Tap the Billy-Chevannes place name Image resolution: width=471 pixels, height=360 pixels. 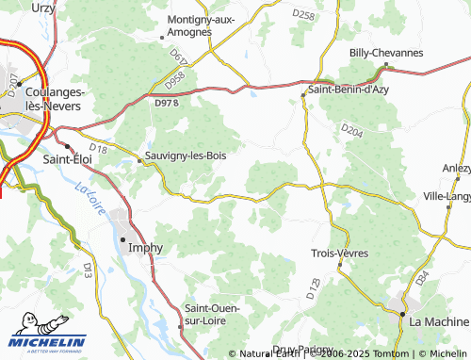(386, 54)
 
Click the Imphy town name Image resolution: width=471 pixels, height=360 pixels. (145, 249)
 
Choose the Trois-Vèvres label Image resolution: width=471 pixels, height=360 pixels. (340, 253)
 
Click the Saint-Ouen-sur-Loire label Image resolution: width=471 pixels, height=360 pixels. (213, 315)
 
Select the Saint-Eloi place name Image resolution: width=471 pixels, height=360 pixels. (67, 161)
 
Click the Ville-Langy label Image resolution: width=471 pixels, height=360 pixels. (448, 196)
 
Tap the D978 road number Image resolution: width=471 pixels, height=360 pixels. (165, 102)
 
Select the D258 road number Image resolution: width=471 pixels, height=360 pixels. (304, 14)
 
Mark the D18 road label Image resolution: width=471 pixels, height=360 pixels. (99, 149)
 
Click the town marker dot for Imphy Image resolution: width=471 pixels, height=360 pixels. (122, 240)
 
